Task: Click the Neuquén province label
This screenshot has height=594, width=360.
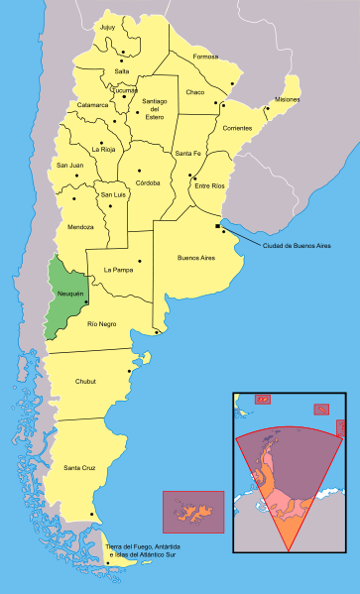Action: pyautogui.click(x=69, y=295)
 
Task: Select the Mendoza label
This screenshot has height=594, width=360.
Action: pyautogui.click(x=81, y=227)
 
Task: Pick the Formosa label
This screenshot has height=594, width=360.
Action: pyautogui.click(x=205, y=58)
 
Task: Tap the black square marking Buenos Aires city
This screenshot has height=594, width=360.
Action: pyautogui.click(x=216, y=227)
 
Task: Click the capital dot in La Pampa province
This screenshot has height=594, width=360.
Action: pyautogui.click(x=140, y=261)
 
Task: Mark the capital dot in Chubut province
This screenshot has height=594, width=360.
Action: pyautogui.click(x=129, y=373)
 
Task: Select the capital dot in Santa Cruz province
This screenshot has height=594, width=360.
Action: pyautogui.click(x=92, y=514)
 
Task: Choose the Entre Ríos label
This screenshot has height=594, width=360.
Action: pyautogui.click(x=209, y=185)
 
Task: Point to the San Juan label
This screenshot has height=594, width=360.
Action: pyautogui.click(x=69, y=165)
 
